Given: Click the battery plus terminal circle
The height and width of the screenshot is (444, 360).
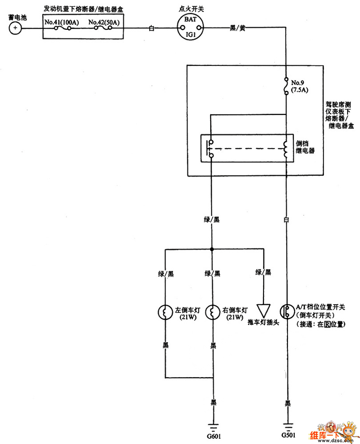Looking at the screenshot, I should click(15, 29).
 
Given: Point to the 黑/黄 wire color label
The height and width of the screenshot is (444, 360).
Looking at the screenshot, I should click(238, 28).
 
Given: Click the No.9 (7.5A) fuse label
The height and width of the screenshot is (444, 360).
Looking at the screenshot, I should click(298, 86).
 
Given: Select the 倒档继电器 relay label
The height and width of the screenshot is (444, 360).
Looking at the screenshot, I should click(305, 147).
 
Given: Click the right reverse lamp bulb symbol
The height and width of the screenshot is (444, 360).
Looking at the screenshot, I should click(212, 313).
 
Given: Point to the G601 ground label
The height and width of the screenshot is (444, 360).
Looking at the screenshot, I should click(213, 436).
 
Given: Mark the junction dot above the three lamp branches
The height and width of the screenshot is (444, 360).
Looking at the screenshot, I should click(212, 249).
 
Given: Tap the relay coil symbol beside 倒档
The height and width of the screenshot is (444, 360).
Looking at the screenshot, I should click(286, 149).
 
